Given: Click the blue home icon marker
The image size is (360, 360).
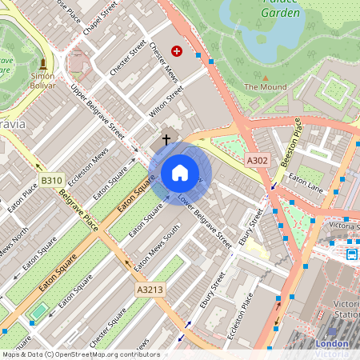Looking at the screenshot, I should pyautogui.click(x=180, y=172).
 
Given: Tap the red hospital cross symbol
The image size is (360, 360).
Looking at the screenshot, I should pyautogui.click(x=177, y=50).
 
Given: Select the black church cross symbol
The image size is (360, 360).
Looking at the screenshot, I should pyautogui.click(x=166, y=139).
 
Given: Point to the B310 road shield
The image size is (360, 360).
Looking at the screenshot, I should pyautogui.click(x=52, y=181).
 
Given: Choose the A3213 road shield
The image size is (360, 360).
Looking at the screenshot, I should pyautogui.click(x=150, y=289).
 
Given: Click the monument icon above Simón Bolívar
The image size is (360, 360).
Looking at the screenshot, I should pyautogui.click(x=42, y=64).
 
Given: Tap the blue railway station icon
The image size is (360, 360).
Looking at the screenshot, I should pyautogui.click(x=351, y=254).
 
